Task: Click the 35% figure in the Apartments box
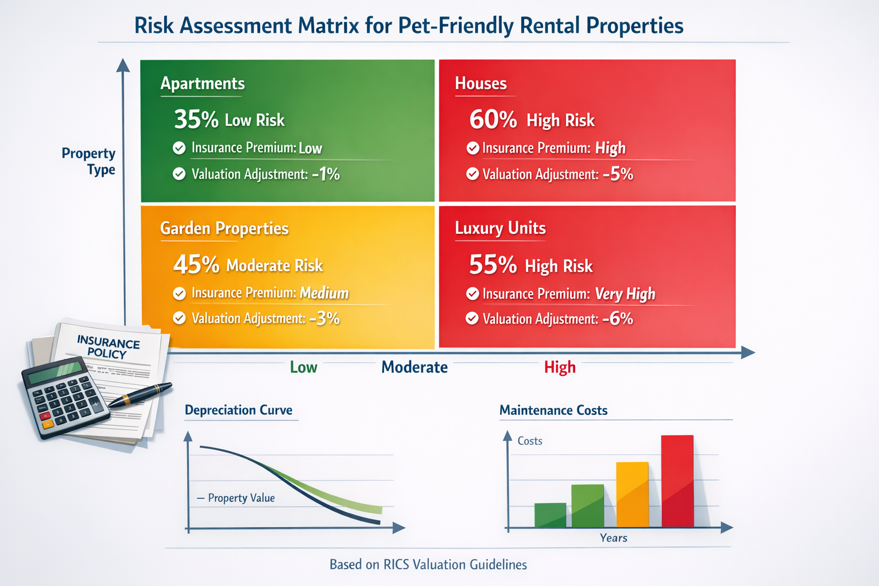196,120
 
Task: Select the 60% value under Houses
493,120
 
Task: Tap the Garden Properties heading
224,228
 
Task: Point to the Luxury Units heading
500,228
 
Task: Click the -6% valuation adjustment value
617,319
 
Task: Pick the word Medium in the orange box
324,293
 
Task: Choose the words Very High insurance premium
625,294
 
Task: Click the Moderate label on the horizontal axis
414,367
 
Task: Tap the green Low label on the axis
303,367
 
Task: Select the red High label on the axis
560,367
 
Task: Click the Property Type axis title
89,161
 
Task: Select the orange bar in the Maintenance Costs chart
632,494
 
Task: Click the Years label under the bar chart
613,538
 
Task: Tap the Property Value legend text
241,498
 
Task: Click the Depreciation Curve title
239,410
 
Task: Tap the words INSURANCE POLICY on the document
108,347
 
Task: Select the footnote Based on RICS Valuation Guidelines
428,565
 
